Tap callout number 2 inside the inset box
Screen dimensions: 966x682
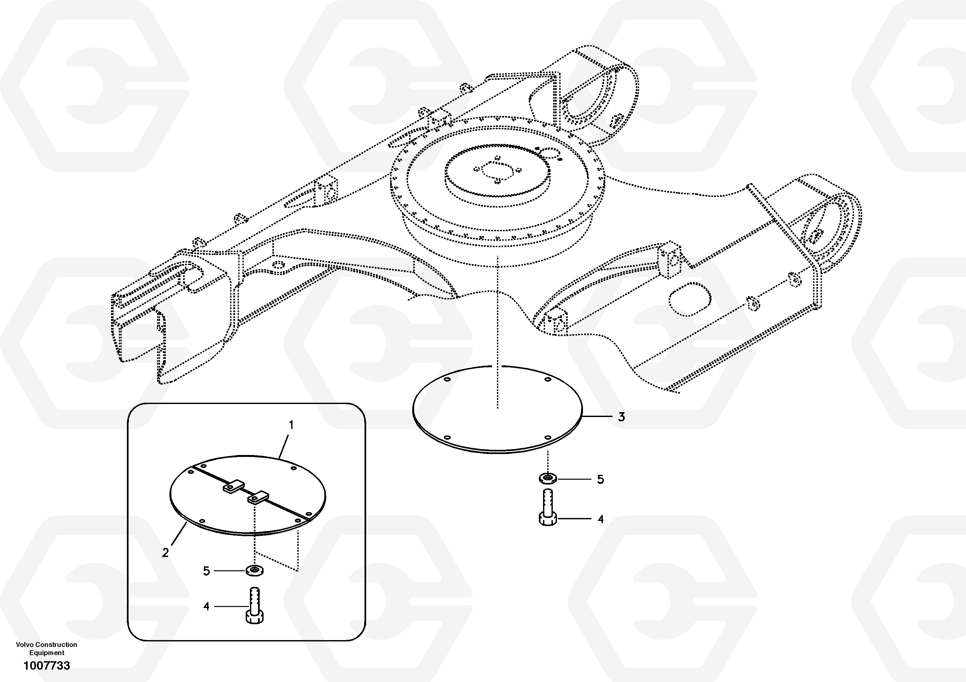tap(165, 552)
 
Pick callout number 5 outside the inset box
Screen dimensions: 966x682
tap(601, 479)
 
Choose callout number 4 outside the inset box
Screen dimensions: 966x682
tap(601, 519)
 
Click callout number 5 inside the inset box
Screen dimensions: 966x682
tap(206, 571)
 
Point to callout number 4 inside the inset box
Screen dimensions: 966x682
tap(206, 606)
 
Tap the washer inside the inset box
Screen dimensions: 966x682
tap(255, 570)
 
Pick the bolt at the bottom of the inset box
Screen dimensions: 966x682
tap(254, 605)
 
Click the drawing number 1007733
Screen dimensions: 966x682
tap(47, 665)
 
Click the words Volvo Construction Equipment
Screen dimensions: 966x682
tap(47, 649)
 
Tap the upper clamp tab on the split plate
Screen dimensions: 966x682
tap(233, 486)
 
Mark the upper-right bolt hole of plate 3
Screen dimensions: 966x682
tap(548, 380)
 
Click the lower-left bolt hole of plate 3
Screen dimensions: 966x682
tap(447, 438)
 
